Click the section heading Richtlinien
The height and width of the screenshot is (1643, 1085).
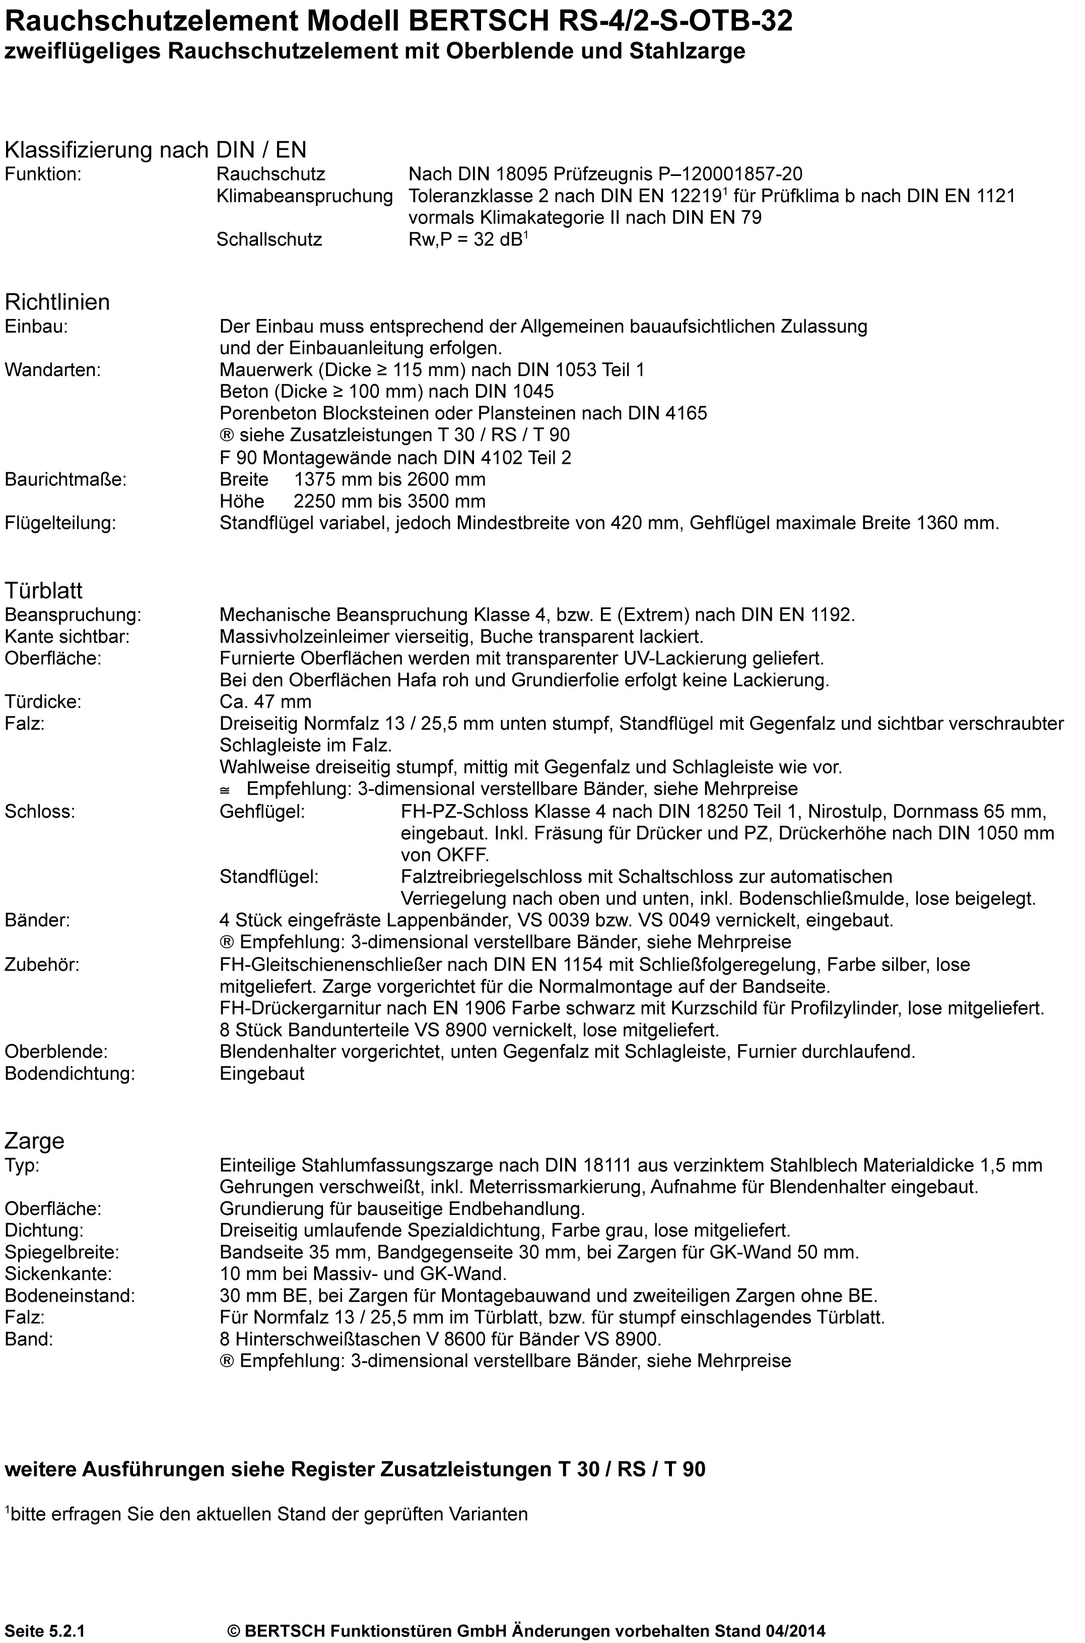coord(57,302)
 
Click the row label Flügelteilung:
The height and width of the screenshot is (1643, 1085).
coord(60,523)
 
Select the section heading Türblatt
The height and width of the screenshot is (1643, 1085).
coord(44,590)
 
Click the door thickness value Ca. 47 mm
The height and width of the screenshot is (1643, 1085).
coord(265,702)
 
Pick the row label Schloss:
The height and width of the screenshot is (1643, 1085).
coord(39,812)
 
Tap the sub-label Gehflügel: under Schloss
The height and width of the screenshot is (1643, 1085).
coord(262,812)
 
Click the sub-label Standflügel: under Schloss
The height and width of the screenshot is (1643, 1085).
coord(269,877)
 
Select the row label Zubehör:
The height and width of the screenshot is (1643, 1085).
coord(42,964)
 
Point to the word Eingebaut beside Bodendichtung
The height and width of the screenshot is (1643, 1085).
coord(261,1074)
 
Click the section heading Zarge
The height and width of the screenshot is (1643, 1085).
coord(35,1141)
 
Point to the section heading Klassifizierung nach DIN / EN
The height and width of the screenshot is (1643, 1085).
coord(156,150)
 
